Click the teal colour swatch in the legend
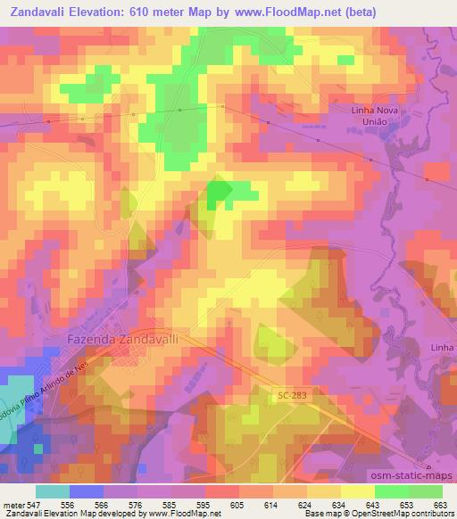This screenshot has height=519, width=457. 53,491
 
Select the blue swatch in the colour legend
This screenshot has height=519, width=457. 87,491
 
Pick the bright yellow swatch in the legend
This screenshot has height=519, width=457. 357,491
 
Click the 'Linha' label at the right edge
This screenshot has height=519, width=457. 442,346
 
